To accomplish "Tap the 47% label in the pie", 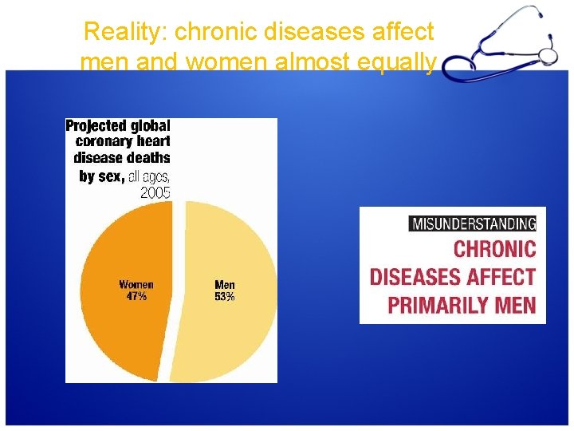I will [x=136, y=297].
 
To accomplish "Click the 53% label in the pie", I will [x=225, y=297].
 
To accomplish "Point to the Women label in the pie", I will [x=136, y=285].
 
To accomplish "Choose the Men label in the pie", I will [x=225, y=285].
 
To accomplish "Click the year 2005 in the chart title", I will [x=155, y=192].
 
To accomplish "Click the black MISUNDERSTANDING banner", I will [x=473, y=223].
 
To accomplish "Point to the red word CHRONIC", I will [x=494, y=249].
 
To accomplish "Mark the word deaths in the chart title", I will [x=147, y=158].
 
